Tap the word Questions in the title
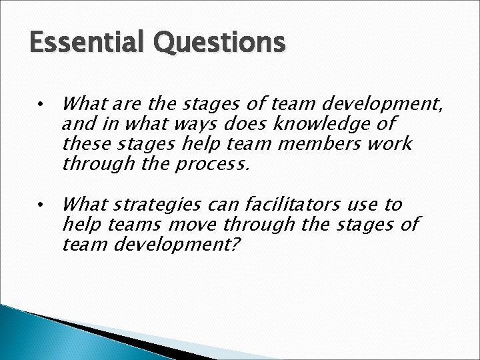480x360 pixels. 224,43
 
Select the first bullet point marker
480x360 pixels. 41,105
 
